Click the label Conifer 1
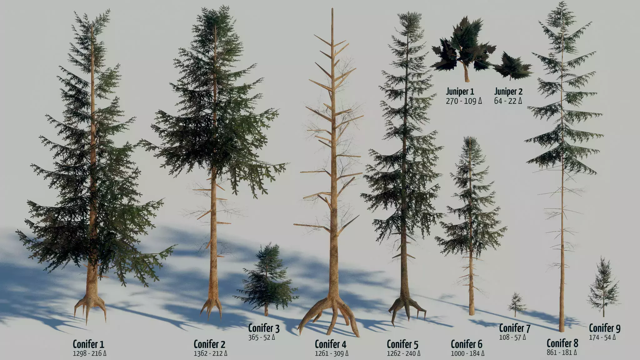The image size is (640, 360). (x=88, y=344)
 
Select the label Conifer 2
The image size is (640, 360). (x=209, y=344)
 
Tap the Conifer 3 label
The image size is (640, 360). (x=264, y=328)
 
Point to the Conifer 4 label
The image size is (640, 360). (x=331, y=344)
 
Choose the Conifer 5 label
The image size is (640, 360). (x=402, y=344)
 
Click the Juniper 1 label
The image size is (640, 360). (x=460, y=92)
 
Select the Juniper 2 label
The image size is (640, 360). (x=508, y=92)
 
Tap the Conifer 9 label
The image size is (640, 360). (x=605, y=328)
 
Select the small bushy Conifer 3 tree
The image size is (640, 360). (x=266, y=278)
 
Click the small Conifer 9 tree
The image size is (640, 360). (x=603, y=286)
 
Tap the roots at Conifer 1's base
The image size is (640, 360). (x=90, y=307)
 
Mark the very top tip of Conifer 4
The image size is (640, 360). (x=332, y=8)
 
